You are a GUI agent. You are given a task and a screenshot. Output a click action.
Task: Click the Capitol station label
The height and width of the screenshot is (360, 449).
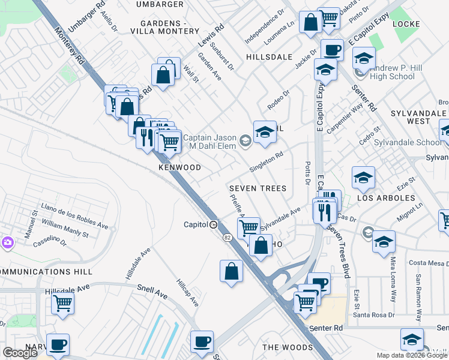pos(196,225)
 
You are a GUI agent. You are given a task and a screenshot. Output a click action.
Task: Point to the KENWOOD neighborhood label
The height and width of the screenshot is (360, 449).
pos(179,167)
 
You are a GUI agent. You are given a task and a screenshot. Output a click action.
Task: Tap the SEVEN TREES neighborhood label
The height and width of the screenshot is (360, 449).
pos(258,188)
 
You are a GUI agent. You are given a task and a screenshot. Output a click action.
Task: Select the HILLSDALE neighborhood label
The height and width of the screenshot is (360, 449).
pos(269,57)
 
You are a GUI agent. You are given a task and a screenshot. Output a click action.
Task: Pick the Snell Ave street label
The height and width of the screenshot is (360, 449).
pos(152,291)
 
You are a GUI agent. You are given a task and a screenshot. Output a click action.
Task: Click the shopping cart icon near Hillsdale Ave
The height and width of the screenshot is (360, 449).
pos(62,304)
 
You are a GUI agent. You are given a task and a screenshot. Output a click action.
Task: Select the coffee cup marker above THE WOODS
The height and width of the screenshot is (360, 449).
pos(202,341)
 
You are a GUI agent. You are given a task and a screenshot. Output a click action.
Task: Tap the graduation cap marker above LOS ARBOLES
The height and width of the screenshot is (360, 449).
pos(363,178)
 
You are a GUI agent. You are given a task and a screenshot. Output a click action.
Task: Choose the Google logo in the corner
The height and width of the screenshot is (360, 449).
pos(20,353)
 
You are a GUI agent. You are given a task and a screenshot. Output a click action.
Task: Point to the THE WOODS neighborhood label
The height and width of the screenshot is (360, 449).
pos(288,347)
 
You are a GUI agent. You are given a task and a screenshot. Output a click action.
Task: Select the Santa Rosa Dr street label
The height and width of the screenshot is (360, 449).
pos(373,314)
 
